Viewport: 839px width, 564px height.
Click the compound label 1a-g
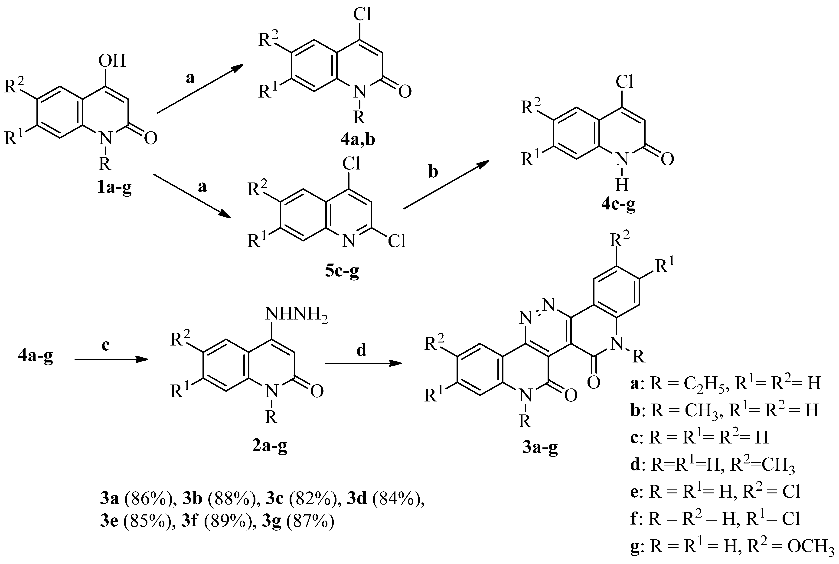pyautogui.click(x=114, y=188)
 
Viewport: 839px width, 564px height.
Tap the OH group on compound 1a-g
pyautogui.click(x=113, y=61)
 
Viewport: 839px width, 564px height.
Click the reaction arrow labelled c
pyautogui.click(x=111, y=360)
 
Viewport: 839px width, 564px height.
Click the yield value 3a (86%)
pyautogui.click(x=138, y=499)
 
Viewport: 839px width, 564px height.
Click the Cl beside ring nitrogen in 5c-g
pyautogui.click(x=397, y=241)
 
